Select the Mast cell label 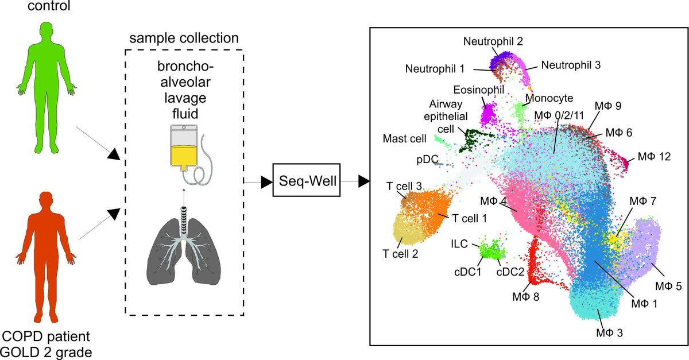[x=404, y=139]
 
